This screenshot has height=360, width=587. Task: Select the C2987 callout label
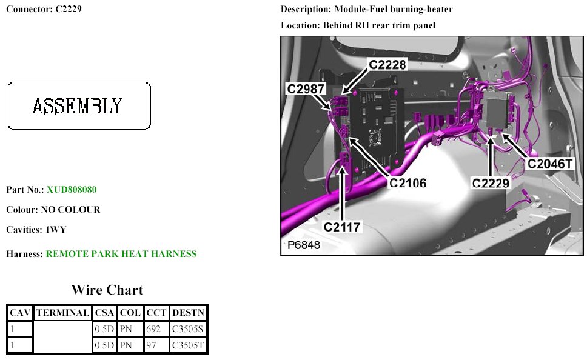(306, 89)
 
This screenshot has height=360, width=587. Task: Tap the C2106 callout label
(408, 182)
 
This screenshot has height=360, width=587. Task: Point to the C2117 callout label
(342, 227)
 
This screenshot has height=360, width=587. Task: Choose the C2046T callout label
(550, 163)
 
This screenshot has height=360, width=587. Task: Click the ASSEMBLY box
(79, 106)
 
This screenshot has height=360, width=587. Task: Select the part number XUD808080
(72, 190)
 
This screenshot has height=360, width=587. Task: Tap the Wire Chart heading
(107, 290)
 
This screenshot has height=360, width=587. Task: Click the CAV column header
(19, 313)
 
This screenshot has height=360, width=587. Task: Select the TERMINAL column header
(62, 313)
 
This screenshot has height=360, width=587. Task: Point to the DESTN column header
(189, 313)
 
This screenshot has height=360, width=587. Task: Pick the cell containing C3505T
(188, 345)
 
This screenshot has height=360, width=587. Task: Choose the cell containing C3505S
(188, 329)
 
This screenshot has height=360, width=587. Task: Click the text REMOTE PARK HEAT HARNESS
(121, 254)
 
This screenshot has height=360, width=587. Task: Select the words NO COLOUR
(70, 210)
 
